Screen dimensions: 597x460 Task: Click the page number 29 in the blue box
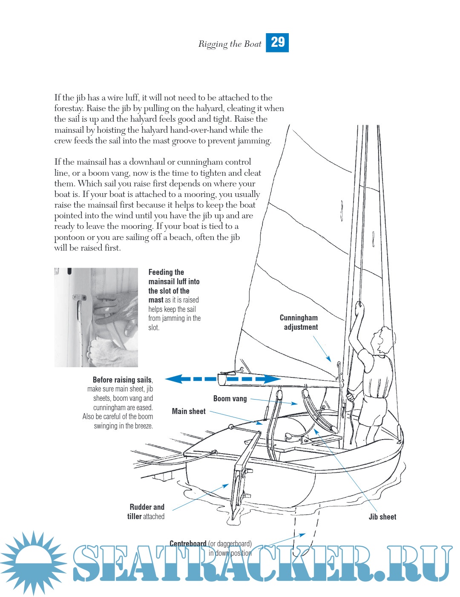277,43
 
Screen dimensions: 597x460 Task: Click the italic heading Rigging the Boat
230,44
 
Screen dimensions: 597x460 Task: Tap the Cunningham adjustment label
299,323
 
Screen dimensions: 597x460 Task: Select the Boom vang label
230,399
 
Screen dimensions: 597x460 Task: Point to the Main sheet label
189,411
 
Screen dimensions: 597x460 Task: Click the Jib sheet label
382,517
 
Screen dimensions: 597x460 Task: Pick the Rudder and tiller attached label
146,511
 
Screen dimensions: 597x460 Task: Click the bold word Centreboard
188,543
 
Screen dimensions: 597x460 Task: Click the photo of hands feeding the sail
96,317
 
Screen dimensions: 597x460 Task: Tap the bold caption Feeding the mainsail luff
174,281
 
